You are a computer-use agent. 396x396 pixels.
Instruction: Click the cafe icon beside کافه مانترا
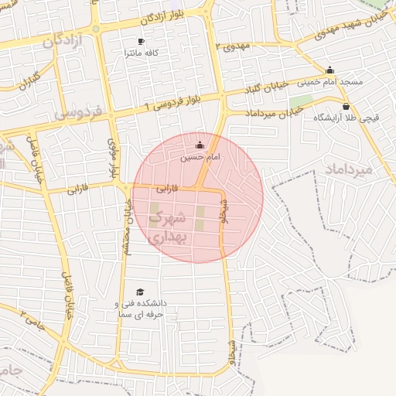click(x=141, y=42)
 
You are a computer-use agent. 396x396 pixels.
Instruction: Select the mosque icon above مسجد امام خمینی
click(x=330, y=70)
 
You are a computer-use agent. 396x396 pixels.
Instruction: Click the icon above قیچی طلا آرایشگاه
click(x=346, y=107)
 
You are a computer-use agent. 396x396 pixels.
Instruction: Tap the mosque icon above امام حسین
click(x=200, y=145)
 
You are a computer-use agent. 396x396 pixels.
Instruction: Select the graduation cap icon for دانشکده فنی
click(x=140, y=292)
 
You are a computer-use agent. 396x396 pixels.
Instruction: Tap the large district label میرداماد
click(x=349, y=168)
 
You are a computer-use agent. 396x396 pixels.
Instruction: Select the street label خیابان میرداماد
click(x=275, y=113)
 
